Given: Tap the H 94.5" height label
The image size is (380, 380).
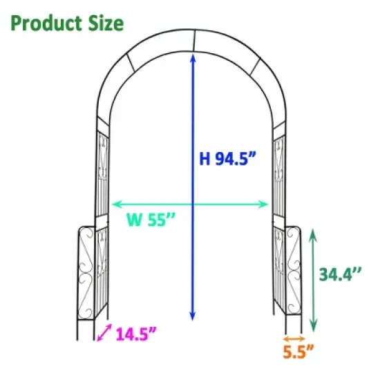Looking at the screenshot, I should point(229,158).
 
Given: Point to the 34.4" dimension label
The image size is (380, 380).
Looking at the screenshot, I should point(341,274).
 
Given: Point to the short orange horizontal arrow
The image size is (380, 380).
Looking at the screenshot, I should point(294,338).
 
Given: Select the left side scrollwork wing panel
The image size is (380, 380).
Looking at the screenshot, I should point(85,272).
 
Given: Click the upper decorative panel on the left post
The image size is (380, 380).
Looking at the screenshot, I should point(102,169).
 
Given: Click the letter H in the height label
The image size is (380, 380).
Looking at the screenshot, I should point(205,158).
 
